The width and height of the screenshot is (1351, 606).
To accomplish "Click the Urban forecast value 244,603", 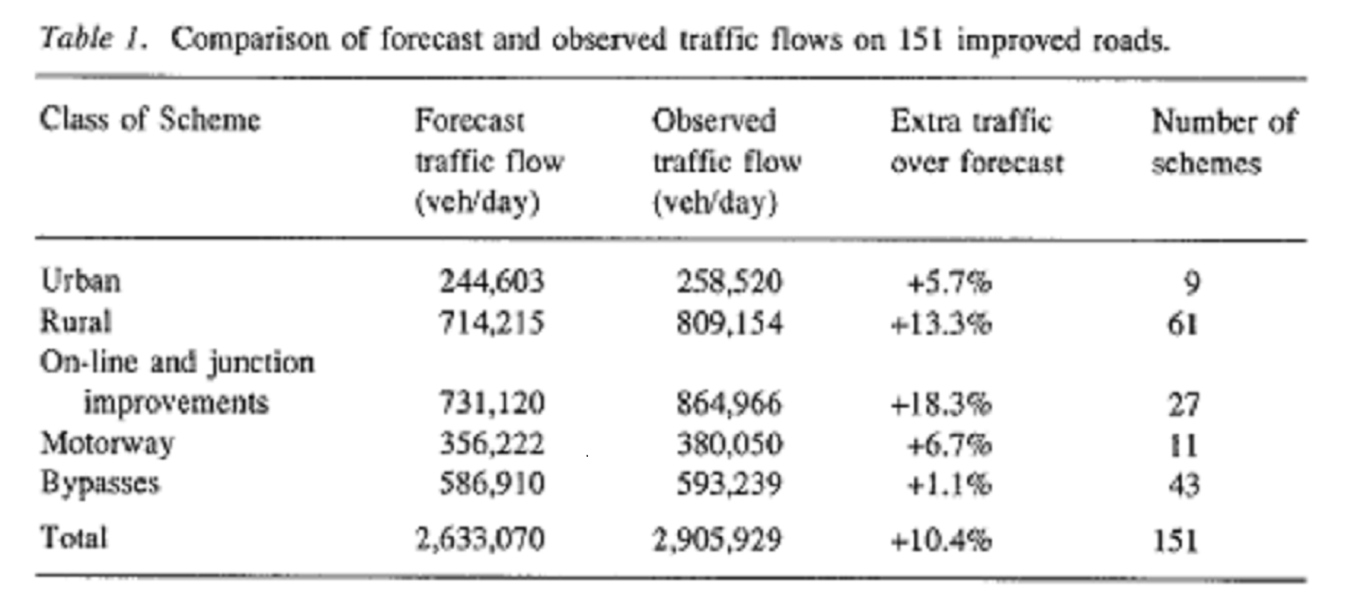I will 493,282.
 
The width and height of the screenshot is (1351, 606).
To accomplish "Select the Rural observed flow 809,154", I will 730,322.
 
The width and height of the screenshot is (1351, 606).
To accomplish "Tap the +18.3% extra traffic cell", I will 941,404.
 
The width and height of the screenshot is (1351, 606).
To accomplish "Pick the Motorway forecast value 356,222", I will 493,443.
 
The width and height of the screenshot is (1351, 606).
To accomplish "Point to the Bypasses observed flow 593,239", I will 730,484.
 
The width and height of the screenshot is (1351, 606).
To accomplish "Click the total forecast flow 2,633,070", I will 480,540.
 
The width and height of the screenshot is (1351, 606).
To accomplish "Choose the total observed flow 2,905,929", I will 718,540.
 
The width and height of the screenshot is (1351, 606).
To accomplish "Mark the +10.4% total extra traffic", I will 941,540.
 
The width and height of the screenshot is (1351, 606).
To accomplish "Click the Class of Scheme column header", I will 149,121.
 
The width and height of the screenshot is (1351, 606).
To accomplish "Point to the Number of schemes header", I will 1223,142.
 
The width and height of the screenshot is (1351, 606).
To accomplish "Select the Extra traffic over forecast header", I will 977,142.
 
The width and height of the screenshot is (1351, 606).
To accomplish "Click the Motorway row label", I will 106,443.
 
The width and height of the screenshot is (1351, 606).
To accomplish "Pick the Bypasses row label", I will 99,484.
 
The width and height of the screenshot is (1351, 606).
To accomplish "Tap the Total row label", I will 73,538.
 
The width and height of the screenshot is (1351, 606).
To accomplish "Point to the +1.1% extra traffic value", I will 947,484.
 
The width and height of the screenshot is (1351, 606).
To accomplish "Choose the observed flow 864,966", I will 730,404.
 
